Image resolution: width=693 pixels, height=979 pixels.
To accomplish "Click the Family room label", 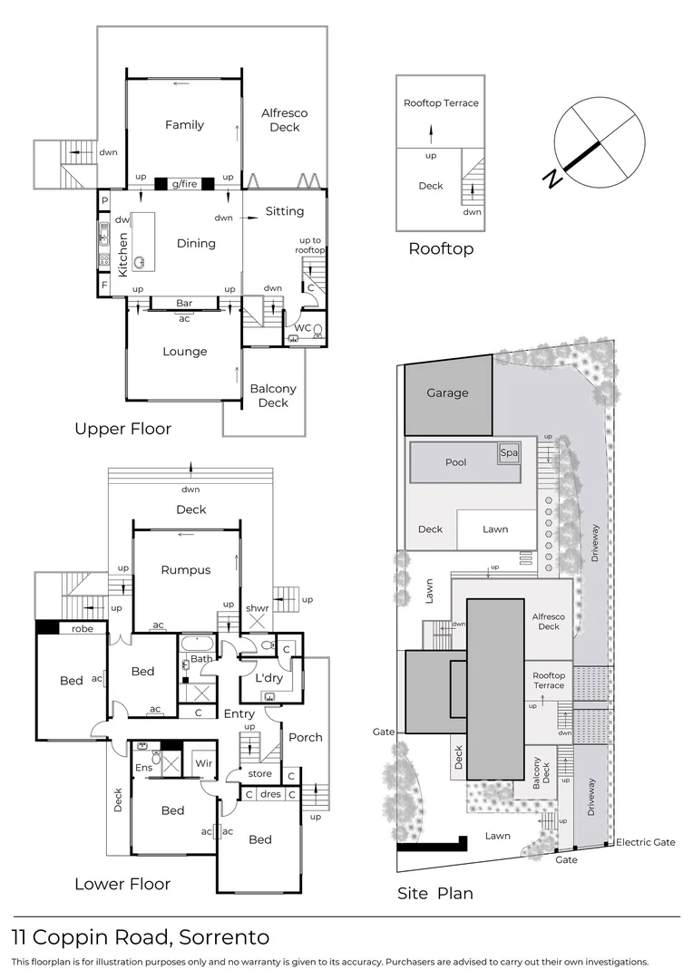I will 184,125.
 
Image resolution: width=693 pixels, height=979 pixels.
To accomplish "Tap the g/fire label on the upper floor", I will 184,184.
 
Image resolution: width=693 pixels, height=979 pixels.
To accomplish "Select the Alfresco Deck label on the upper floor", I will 284,121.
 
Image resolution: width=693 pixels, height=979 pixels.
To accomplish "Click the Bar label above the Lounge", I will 184,303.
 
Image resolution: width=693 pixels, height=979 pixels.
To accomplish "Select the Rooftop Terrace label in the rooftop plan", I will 441,103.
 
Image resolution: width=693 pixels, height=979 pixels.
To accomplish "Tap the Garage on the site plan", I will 448,393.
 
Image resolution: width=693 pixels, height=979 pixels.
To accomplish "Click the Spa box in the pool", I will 508,452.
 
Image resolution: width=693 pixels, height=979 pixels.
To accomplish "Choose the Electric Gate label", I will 646,842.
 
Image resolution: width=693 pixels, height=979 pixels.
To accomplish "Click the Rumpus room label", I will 186,570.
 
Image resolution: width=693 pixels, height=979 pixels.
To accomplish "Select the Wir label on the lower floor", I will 204,764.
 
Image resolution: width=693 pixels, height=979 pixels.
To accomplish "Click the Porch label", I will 305,737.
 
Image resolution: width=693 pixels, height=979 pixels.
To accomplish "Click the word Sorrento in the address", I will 224,937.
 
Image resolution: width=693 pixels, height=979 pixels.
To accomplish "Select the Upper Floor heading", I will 122,429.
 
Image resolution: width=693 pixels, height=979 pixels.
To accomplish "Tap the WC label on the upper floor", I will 303,327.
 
